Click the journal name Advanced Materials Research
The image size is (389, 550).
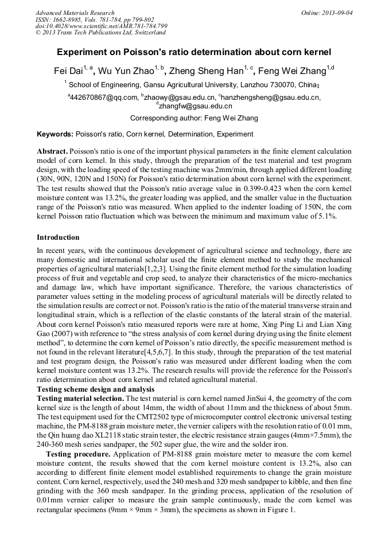[75, 13]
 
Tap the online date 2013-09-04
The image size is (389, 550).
[337, 13]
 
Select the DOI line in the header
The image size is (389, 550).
[101, 26]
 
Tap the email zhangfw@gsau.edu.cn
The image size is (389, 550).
[195, 106]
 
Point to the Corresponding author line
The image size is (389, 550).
[194, 119]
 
